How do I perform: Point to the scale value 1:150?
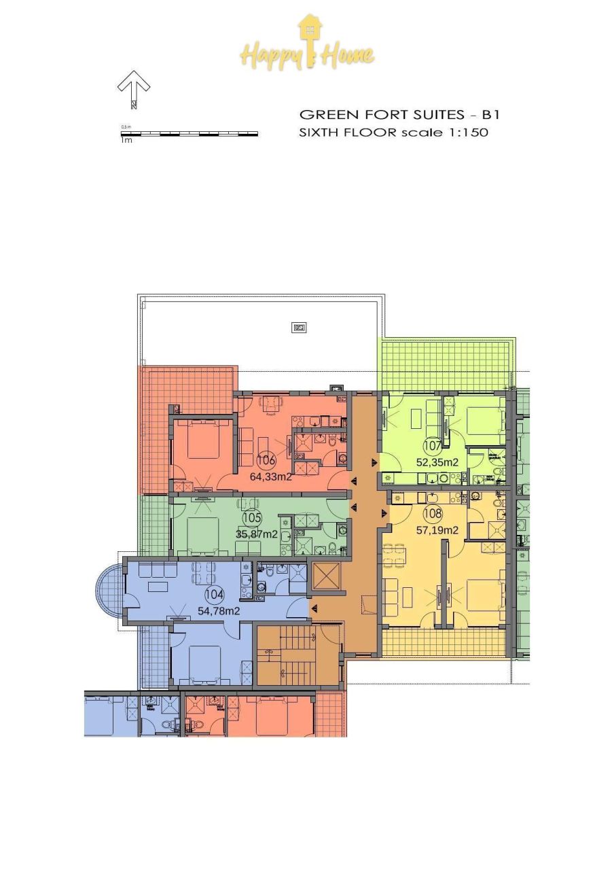[465, 133]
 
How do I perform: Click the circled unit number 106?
[266, 460]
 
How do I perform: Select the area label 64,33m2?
[271, 476]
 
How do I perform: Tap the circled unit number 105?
[251, 518]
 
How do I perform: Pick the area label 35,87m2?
[256, 534]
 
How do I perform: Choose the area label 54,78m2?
[219, 611]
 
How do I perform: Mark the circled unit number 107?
[433, 447]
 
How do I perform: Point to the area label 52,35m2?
[437, 463]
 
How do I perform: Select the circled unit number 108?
[433, 514]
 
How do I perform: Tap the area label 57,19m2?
[437, 530]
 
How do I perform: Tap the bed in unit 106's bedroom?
[202, 442]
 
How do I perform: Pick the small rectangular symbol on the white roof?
[299, 328]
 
